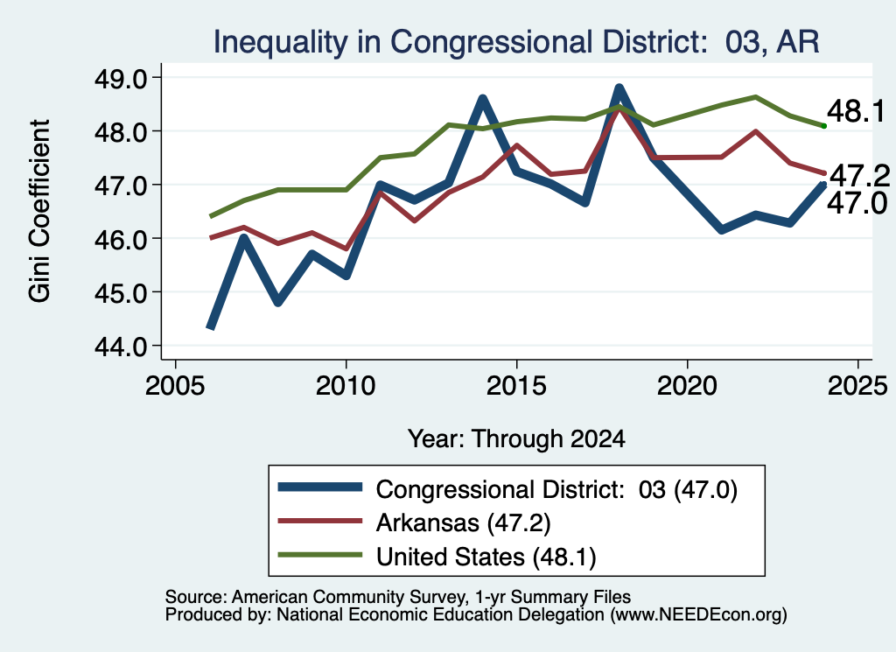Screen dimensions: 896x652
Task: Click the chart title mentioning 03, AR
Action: click(x=516, y=42)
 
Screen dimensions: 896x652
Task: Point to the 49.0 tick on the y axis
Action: click(x=120, y=78)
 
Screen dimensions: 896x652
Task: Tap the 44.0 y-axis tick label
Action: click(x=120, y=347)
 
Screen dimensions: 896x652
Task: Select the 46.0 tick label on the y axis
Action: click(x=120, y=240)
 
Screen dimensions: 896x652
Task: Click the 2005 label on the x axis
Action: click(x=175, y=386)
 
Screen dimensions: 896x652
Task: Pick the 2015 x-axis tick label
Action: click(x=516, y=386)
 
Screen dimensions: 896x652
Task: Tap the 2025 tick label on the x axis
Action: click(x=857, y=386)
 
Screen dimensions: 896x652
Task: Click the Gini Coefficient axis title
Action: click(x=39, y=211)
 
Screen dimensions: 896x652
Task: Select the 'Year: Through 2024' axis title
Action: click(x=516, y=438)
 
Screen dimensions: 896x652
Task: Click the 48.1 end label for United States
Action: click(x=856, y=111)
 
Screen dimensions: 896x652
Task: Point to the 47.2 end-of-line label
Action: click(x=859, y=175)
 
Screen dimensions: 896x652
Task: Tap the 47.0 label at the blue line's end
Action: click(x=857, y=203)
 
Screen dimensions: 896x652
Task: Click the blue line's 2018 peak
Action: click(x=619, y=88)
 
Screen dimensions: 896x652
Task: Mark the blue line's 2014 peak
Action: click(x=483, y=100)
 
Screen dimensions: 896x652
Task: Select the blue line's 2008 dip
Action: click(x=278, y=302)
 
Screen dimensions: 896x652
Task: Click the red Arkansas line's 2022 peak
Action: click(x=755, y=131)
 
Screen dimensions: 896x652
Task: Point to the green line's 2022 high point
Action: click(x=755, y=97)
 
